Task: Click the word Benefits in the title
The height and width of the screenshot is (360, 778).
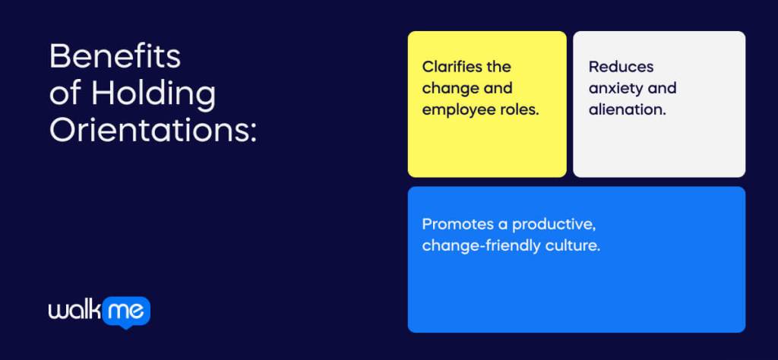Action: click(115, 56)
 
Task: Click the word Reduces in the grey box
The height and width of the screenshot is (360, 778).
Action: click(621, 67)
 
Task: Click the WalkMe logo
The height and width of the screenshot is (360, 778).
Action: click(99, 311)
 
